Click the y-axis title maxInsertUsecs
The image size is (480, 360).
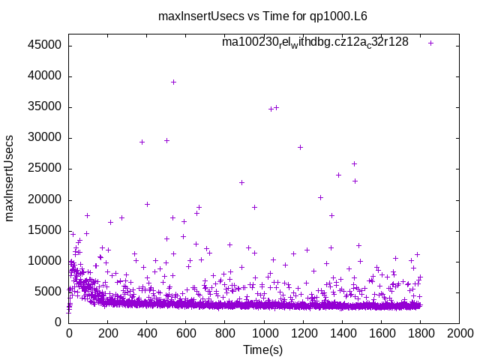pyautogui.click(x=10, y=178)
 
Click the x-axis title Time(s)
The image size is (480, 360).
pyautogui.click(x=263, y=349)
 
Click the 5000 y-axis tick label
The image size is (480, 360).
pyautogui.click(x=50, y=291)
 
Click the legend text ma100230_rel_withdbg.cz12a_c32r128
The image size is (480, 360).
pyautogui.click(x=315, y=42)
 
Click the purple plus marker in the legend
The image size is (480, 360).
pyautogui.click(x=430, y=43)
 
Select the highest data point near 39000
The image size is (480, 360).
pyautogui.click(x=173, y=82)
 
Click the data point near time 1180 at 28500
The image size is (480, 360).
pyautogui.click(x=300, y=147)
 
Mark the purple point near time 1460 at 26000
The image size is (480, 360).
pyautogui.click(x=354, y=163)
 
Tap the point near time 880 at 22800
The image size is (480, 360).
pyautogui.click(x=241, y=182)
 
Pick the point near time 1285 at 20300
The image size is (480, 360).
pyautogui.click(x=320, y=197)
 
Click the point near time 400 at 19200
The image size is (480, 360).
pyautogui.click(x=147, y=204)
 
